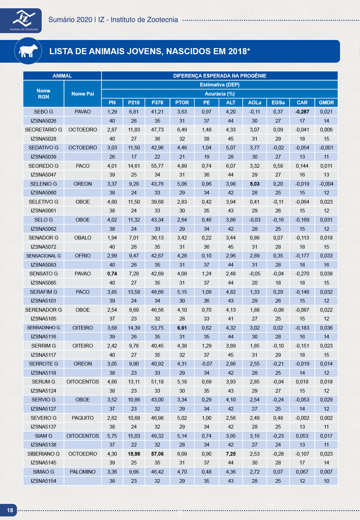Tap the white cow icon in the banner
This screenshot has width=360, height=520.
(28, 51)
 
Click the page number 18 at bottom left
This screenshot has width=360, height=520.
(10, 510)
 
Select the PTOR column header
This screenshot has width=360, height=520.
(182, 103)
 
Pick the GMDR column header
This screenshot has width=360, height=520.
(326, 103)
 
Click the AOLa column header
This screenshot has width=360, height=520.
(254, 103)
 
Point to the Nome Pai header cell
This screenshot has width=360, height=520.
(83, 94)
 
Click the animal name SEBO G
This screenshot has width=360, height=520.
(43, 112)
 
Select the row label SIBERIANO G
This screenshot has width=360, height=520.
(43, 454)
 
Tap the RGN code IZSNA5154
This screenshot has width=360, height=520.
(43, 481)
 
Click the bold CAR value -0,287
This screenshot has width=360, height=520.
(302, 112)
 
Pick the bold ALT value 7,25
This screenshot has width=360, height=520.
(231, 454)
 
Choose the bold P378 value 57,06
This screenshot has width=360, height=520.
(157, 454)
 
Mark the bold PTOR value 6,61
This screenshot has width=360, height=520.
(182, 328)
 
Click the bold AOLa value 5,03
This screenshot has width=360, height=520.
(254, 184)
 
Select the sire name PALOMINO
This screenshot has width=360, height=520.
(83, 472)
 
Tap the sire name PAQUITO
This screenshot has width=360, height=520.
(83, 418)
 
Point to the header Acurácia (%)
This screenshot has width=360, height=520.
(219, 94)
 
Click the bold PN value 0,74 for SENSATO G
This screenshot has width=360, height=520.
(112, 274)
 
